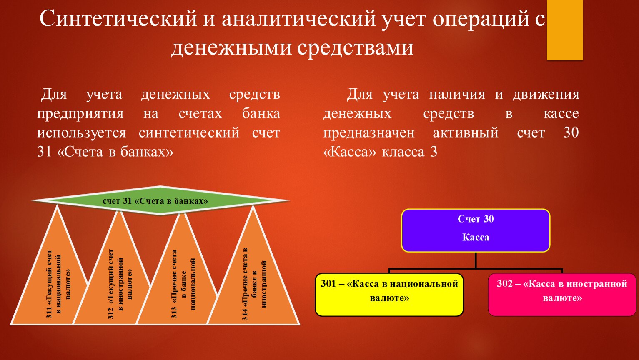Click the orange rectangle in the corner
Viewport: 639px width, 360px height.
pyautogui.click(x=564, y=30)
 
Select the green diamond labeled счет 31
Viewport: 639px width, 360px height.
pyautogui.click(x=160, y=200)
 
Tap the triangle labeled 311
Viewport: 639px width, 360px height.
pyautogui.click(x=49, y=265)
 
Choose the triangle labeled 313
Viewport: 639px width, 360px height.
pyautogui.click(x=177, y=270)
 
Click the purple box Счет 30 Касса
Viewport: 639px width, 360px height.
pyautogui.click(x=476, y=230)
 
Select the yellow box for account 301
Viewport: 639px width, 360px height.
pyautogui.click(x=389, y=295)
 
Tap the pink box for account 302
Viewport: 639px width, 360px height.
pyautogui.click(x=562, y=295)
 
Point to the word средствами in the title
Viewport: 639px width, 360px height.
pyautogui.click(x=355, y=47)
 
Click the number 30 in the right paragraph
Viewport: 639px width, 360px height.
pyautogui.click(x=571, y=132)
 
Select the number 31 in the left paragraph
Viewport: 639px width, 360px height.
pyautogui.click(x=44, y=152)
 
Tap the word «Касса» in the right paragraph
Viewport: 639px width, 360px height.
pyautogui.click(x=350, y=152)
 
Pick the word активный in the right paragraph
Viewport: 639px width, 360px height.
pyautogui.click(x=466, y=133)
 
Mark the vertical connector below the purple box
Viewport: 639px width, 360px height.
pyautogui.click(x=476, y=260)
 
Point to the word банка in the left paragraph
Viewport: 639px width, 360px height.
pyautogui.click(x=261, y=114)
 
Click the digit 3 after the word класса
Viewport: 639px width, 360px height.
pyautogui.click(x=434, y=152)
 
